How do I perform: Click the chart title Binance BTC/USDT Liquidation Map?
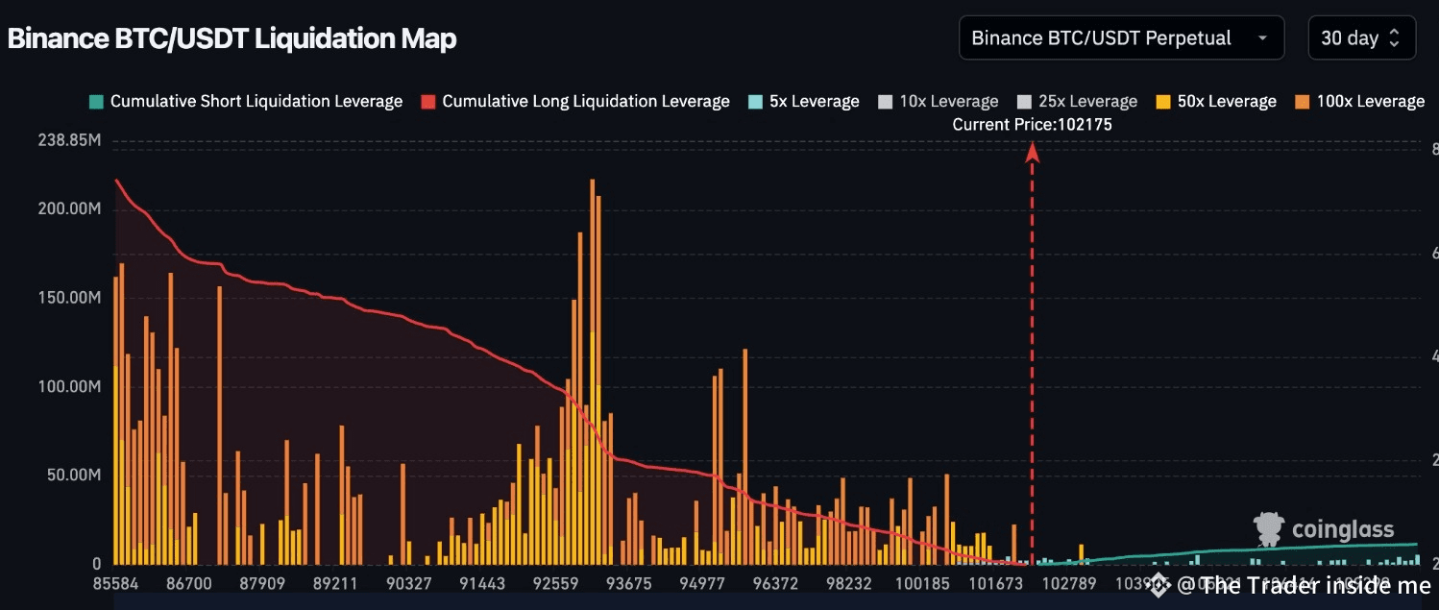click(232, 39)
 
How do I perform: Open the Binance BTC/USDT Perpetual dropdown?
click(1120, 38)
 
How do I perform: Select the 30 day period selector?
click(1361, 38)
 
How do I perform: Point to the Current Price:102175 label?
click(1032, 125)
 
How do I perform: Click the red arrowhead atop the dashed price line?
click(1033, 152)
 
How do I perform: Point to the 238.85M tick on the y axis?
click(69, 141)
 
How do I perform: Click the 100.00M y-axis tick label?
click(69, 386)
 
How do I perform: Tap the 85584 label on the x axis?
click(114, 583)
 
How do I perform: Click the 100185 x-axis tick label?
click(921, 583)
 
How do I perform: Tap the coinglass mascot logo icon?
click(1269, 529)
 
